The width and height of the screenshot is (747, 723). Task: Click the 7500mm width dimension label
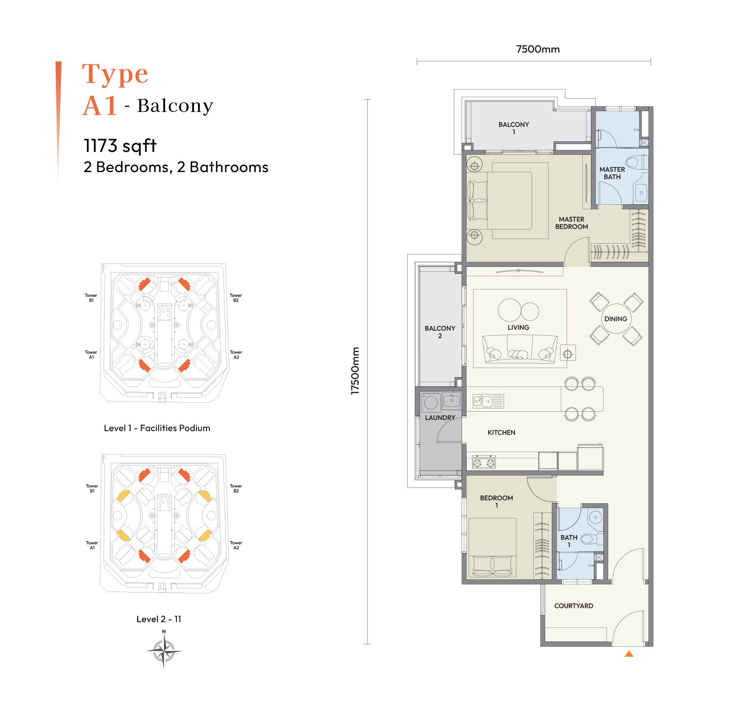pos(537,49)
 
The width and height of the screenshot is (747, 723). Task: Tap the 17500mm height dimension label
pos(355,371)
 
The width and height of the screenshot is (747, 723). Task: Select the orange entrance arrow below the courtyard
pos(629,653)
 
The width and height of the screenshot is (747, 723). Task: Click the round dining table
pos(616,319)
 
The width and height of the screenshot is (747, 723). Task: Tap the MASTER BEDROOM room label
pos(572,223)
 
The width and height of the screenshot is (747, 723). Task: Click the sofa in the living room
pos(520,348)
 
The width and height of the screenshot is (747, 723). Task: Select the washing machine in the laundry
pos(431,402)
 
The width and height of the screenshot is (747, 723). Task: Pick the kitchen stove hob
pos(484,462)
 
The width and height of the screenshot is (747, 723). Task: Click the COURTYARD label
pos(574,606)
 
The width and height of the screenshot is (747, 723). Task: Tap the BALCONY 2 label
pos(440,332)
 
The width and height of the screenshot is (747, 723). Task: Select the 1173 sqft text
pos(120,146)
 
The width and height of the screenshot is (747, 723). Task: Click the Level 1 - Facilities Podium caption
pos(157,428)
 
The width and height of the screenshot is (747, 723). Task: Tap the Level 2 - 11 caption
pos(159,619)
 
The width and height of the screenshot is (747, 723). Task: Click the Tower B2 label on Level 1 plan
pos(236,298)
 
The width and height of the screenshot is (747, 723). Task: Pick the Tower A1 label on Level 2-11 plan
pos(92,545)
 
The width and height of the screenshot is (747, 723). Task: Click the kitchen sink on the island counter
pos(483,401)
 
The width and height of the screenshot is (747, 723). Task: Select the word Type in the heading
pos(115,74)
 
